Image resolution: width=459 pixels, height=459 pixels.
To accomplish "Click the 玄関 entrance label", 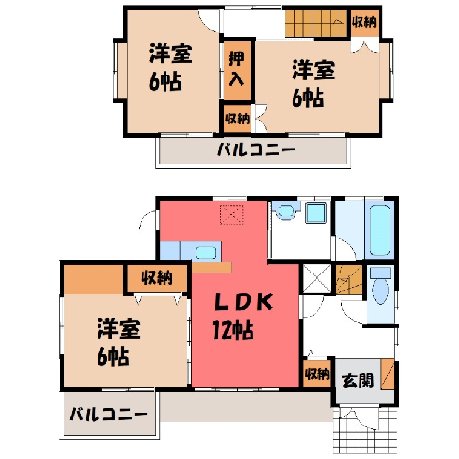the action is coord(358,381).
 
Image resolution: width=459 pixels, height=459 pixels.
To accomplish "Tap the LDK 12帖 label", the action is coord(243,316).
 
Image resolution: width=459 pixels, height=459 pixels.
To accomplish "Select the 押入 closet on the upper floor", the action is coord(237,71).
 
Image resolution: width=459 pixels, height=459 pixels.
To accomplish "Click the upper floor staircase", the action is coord(316,23).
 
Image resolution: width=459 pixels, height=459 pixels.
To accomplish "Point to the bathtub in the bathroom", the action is coord(380,230).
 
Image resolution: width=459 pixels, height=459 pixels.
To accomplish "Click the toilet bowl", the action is coord(381,290).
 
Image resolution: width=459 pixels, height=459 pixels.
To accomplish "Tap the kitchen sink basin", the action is coord(207,252).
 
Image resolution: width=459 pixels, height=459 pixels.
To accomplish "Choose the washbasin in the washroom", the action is coord(286,211).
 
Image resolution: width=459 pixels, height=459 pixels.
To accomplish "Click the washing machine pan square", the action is coord(316,213).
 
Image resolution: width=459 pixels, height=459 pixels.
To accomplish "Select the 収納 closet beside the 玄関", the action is coord(317,373).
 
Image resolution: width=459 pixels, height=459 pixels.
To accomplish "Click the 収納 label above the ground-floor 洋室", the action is coord(157,278).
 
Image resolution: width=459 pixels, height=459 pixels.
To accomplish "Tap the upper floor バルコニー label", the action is coord(256,149).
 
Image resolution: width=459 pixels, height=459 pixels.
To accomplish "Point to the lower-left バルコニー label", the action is coord(109,414).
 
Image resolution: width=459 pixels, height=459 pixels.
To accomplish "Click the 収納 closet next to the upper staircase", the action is coord(364,23).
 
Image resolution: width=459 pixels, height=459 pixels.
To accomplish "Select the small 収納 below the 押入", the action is coord(237,119).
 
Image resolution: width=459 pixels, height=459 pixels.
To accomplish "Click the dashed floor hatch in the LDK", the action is coord(231,214).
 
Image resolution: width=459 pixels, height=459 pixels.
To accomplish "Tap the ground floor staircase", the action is coord(349,279).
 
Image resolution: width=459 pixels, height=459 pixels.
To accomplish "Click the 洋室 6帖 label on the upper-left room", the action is coord(170,68).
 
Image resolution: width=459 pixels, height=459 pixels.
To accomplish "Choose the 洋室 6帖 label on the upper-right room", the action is coord(313,83).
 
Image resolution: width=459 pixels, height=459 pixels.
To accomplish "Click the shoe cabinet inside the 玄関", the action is coord(387,374).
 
